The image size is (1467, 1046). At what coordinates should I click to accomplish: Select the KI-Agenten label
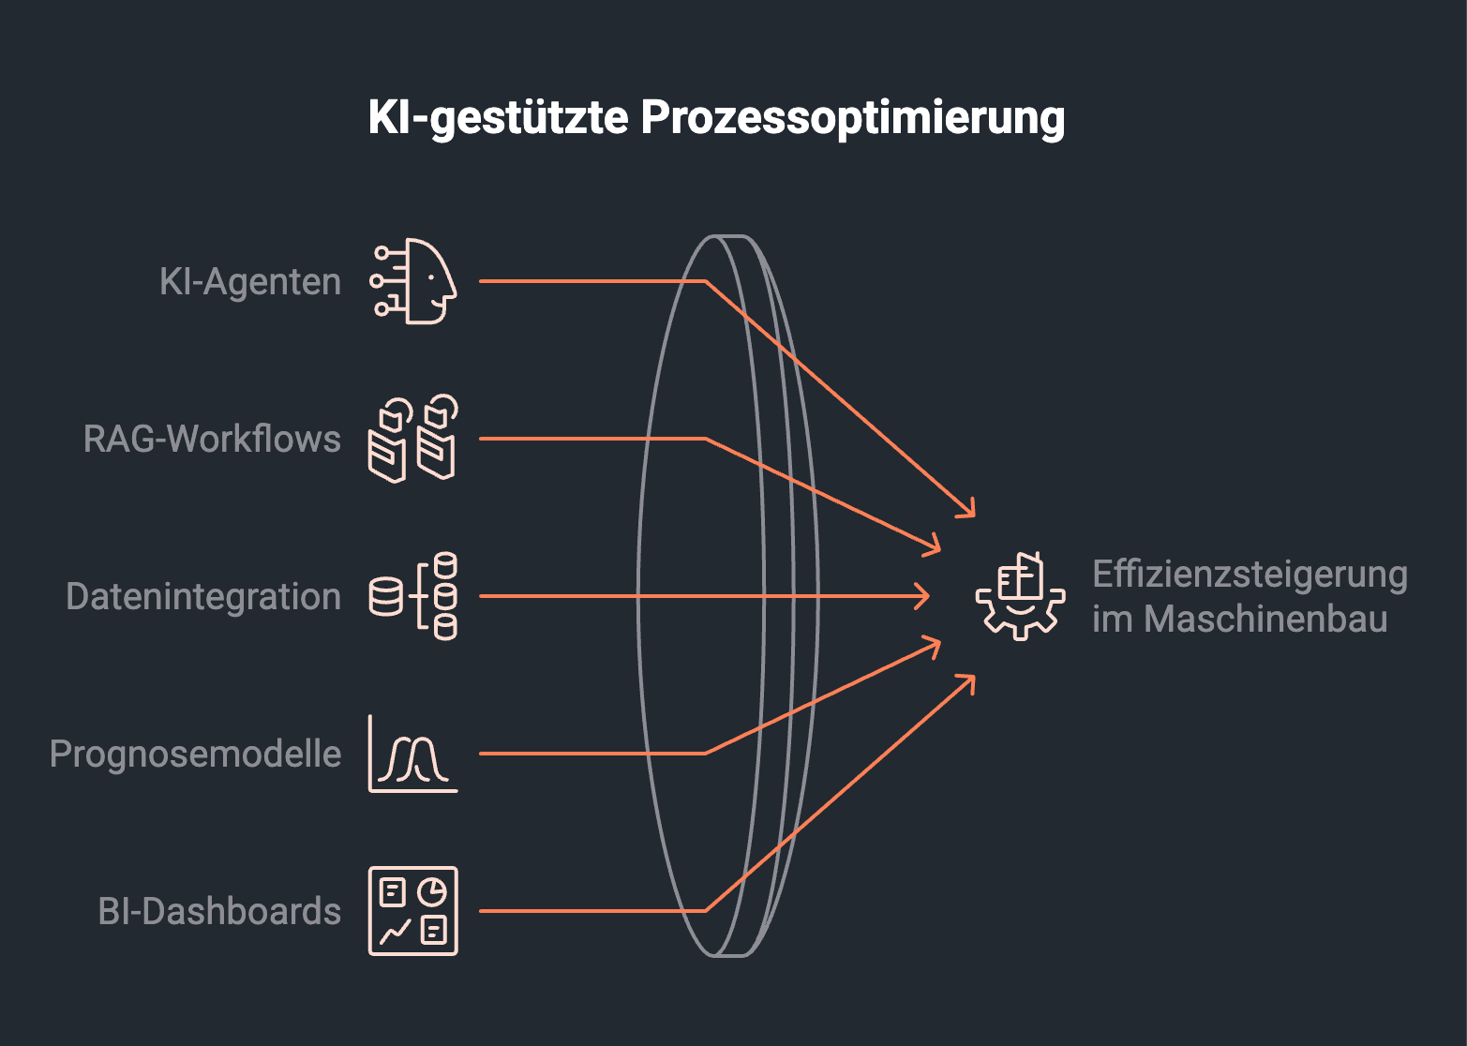click(x=250, y=281)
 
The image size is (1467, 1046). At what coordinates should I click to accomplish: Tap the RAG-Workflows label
click(x=212, y=439)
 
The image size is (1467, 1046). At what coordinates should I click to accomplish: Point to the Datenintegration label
click(x=203, y=596)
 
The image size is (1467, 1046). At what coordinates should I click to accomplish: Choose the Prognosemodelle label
click(x=195, y=754)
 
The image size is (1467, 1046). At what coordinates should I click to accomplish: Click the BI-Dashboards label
click(x=219, y=911)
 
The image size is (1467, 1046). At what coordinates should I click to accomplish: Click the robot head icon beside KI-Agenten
click(x=414, y=281)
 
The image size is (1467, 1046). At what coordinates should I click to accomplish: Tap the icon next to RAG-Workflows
click(x=412, y=439)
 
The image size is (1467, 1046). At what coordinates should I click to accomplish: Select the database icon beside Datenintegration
click(x=413, y=596)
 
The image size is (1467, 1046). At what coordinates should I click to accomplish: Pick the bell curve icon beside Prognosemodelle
click(x=412, y=754)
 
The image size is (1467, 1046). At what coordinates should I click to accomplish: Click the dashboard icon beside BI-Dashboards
click(x=413, y=911)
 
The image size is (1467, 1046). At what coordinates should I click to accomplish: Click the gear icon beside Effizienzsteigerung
click(x=1021, y=596)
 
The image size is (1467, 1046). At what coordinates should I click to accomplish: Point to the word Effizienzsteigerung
click(x=1250, y=574)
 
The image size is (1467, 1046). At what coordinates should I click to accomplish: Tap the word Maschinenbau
click(x=1265, y=619)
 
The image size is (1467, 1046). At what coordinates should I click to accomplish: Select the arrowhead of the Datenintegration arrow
click(x=924, y=596)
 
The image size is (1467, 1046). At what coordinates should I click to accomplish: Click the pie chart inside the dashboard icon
click(x=432, y=891)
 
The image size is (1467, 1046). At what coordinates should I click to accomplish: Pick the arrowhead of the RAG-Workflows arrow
click(x=935, y=547)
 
